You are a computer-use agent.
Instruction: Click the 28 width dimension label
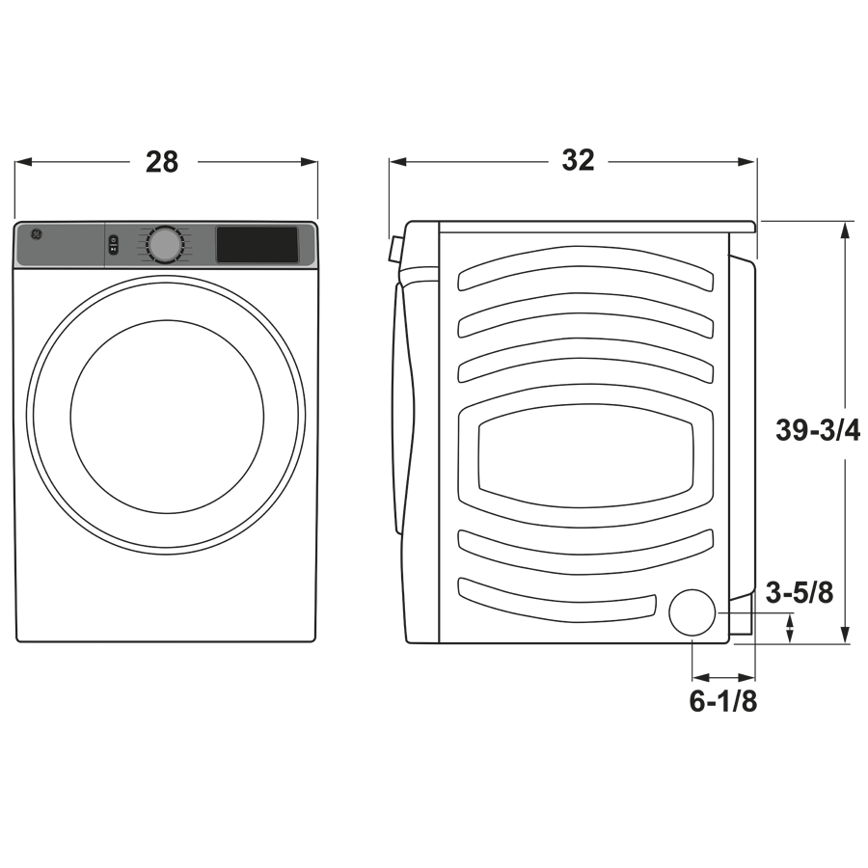[x=162, y=162]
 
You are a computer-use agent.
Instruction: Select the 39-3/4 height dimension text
[x=818, y=430]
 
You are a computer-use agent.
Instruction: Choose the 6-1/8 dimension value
[x=722, y=702]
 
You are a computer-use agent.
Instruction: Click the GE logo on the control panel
[x=37, y=234]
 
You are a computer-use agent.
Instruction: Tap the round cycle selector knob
[x=165, y=245]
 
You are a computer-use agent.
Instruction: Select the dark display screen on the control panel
[x=257, y=245]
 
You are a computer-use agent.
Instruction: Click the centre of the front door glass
[x=167, y=416]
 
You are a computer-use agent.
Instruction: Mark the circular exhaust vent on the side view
[x=693, y=612]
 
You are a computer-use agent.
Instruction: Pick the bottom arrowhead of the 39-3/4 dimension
[x=846, y=637]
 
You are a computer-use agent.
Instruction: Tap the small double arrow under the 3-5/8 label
[x=791, y=630]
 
